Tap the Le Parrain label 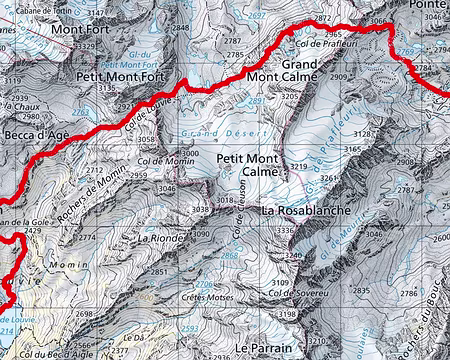coord(261,347)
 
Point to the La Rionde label coord(157,238)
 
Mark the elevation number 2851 coord(158,272)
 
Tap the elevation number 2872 coord(322,19)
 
